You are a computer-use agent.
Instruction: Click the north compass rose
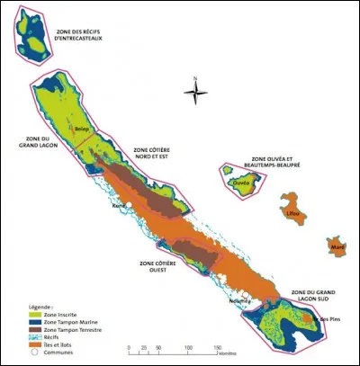[197, 90]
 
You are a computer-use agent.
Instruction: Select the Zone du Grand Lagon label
[33, 143]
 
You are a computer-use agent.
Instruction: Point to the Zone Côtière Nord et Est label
[152, 154]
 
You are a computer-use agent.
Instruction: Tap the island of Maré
[337, 245]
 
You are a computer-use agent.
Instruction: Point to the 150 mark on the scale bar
[216, 347]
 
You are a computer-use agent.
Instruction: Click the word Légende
[39, 306]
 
